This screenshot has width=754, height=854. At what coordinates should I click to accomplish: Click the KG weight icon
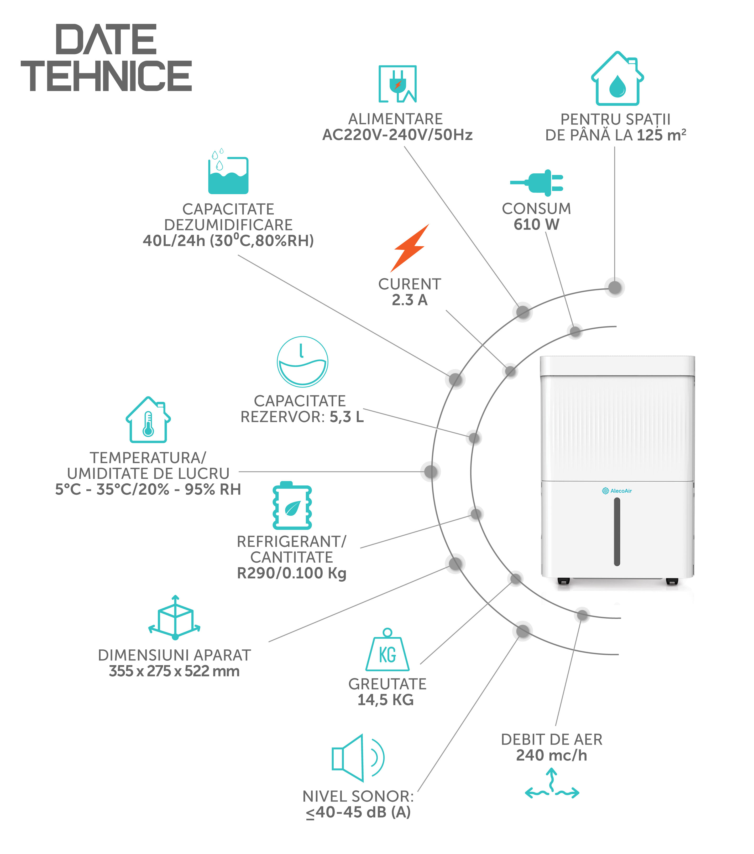click(x=387, y=651)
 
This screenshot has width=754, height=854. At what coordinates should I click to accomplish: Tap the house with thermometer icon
click(x=148, y=420)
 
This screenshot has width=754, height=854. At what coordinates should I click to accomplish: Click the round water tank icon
click(x=302, y=361)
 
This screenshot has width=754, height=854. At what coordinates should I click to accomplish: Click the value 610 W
click(x=536, y=224)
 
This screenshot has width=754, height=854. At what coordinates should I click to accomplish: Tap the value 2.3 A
click(x=409, y=300)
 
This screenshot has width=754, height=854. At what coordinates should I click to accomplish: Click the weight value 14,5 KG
click(x=385, y=700)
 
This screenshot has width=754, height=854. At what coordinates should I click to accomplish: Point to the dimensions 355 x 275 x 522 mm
click(x=174, y=671)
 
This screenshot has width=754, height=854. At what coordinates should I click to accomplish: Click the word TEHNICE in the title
click(x=107, y=76)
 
